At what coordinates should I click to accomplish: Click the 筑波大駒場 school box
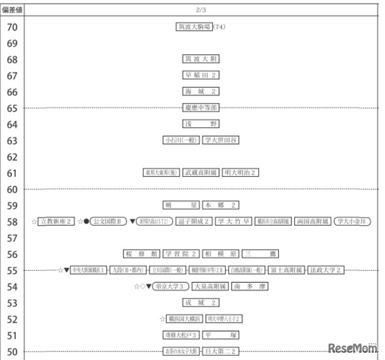(x=194, y=27)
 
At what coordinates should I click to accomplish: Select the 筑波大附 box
(x=201, y=59)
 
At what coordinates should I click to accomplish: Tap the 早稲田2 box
(x=201, y=75)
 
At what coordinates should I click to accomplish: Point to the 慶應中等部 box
(x=201, y=108)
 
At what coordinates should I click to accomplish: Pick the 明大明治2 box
(x=240, y=173)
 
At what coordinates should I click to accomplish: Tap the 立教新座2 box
(x=57, y=222)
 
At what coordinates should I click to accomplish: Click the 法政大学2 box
(x=326, y=270)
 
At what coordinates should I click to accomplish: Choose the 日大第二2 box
(x=220, y=352)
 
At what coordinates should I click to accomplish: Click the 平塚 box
(x=220, y=335)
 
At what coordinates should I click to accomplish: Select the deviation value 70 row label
(x=12, y=27)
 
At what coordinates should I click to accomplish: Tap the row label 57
(x=12, y=238)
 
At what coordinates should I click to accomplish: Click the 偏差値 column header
(x=12, y=9)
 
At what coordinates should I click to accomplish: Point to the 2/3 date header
(x=201, y=9)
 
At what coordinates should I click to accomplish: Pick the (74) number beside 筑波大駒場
(x=220, y=27)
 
